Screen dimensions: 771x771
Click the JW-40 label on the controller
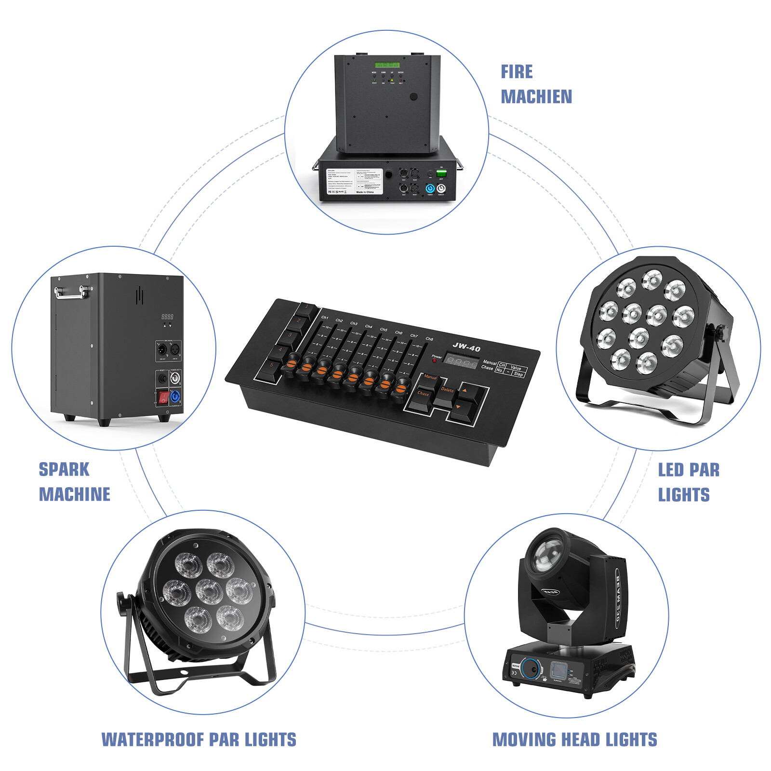[x=466, y=346]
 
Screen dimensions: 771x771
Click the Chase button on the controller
[x=423, y=397]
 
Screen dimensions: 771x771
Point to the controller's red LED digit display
[x=461, y=361]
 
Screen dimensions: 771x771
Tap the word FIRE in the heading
[x=517, y=72]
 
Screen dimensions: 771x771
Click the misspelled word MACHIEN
[x=536, y=97]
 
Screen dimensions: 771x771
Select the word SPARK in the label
[x=64, y=469]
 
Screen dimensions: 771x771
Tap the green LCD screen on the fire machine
[x=387, y=65]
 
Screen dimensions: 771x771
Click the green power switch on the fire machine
[x=441, y=173]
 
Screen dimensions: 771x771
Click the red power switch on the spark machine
[x=163, y=398]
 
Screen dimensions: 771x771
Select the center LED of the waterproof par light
[x=209, y=591]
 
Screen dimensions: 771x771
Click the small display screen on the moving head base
[x=559, y=669]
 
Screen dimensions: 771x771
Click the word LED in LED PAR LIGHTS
[x=671, y=470]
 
